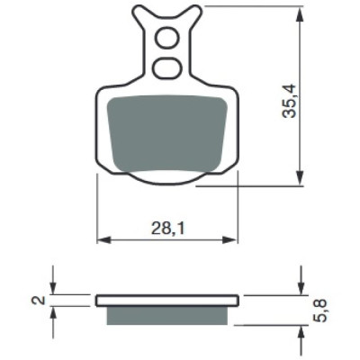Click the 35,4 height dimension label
tap(289, 101)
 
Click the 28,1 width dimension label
tap(168, 229)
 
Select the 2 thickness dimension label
tap(40, 300)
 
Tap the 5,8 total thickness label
tap(319, 310)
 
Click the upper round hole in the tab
tap(166, 37)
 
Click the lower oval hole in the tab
tap(167, 67)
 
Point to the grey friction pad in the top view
tap(167, 133)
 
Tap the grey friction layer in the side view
tap(167, 315)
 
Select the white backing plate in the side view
tap(167, 301)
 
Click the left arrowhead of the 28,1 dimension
tap(103, 240)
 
